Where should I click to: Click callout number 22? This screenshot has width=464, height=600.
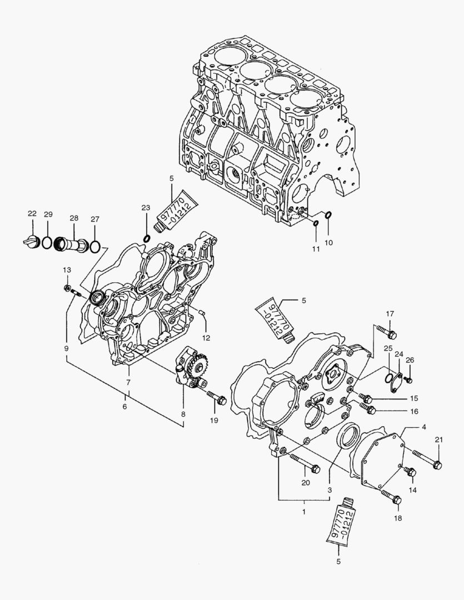click(32, 214)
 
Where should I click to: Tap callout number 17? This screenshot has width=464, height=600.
click(390, 313)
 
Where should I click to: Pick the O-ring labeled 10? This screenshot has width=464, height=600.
click(328, 215)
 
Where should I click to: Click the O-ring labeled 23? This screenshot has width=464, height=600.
click(147, 239)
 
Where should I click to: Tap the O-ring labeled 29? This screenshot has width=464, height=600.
click(48, 243)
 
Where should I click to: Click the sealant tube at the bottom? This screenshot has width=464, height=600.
click(342, 523)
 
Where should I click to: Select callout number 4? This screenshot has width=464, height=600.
click(423, 428)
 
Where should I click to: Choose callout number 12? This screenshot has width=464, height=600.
click(206, 337)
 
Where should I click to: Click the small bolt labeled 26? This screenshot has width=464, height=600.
click(408, 379)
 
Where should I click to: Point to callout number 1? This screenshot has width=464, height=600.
click(304, 509)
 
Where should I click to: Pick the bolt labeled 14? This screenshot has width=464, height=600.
click(410, 472)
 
